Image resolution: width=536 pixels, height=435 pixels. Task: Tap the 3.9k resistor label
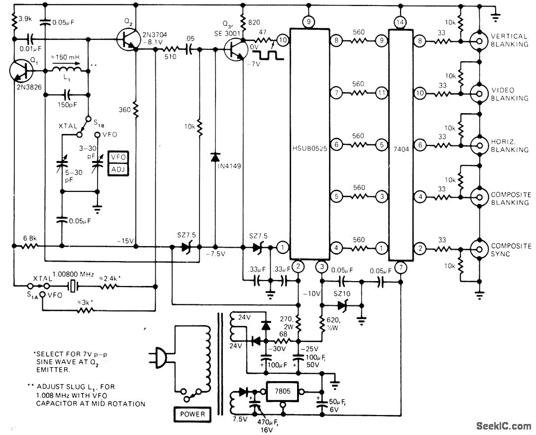25,20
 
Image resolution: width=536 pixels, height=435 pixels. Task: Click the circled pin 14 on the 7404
399,22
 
